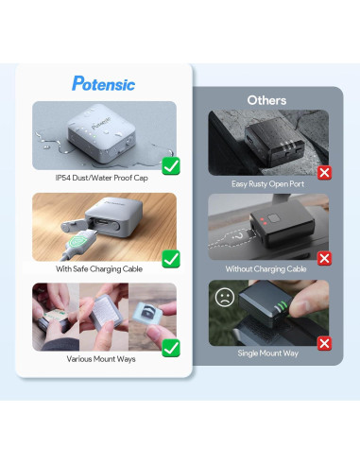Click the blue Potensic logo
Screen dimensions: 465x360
[103, 83]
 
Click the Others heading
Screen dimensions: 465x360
[266, 99]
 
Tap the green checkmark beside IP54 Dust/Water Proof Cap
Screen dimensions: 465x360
[171, 167]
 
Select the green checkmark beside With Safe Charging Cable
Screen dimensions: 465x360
[171, 257]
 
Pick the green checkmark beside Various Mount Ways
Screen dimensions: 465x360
[170, 348]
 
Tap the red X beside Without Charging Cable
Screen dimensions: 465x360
[323, 257]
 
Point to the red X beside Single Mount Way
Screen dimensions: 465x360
[323, 342]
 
